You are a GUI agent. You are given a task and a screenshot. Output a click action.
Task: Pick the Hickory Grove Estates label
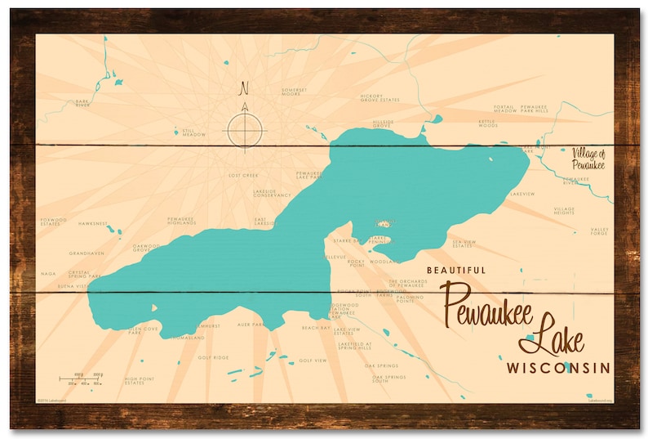(379, 97)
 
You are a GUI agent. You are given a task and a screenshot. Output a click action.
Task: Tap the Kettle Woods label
(487, 124)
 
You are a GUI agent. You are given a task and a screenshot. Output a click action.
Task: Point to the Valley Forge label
(600, 233)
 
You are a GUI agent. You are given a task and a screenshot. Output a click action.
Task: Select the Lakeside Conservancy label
(272, 194)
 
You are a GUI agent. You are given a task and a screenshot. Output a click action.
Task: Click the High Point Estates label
(140, 381)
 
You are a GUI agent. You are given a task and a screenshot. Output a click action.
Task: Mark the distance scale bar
(82, 379)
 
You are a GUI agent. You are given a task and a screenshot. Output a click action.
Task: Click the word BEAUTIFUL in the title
(456, 270)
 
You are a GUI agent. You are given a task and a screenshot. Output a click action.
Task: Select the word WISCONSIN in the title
(558, 367)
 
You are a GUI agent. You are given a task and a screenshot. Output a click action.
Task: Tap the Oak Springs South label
(389, 379)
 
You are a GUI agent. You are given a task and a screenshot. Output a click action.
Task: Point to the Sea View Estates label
(464, 244)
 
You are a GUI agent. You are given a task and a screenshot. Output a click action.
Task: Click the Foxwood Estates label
(53, 222)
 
